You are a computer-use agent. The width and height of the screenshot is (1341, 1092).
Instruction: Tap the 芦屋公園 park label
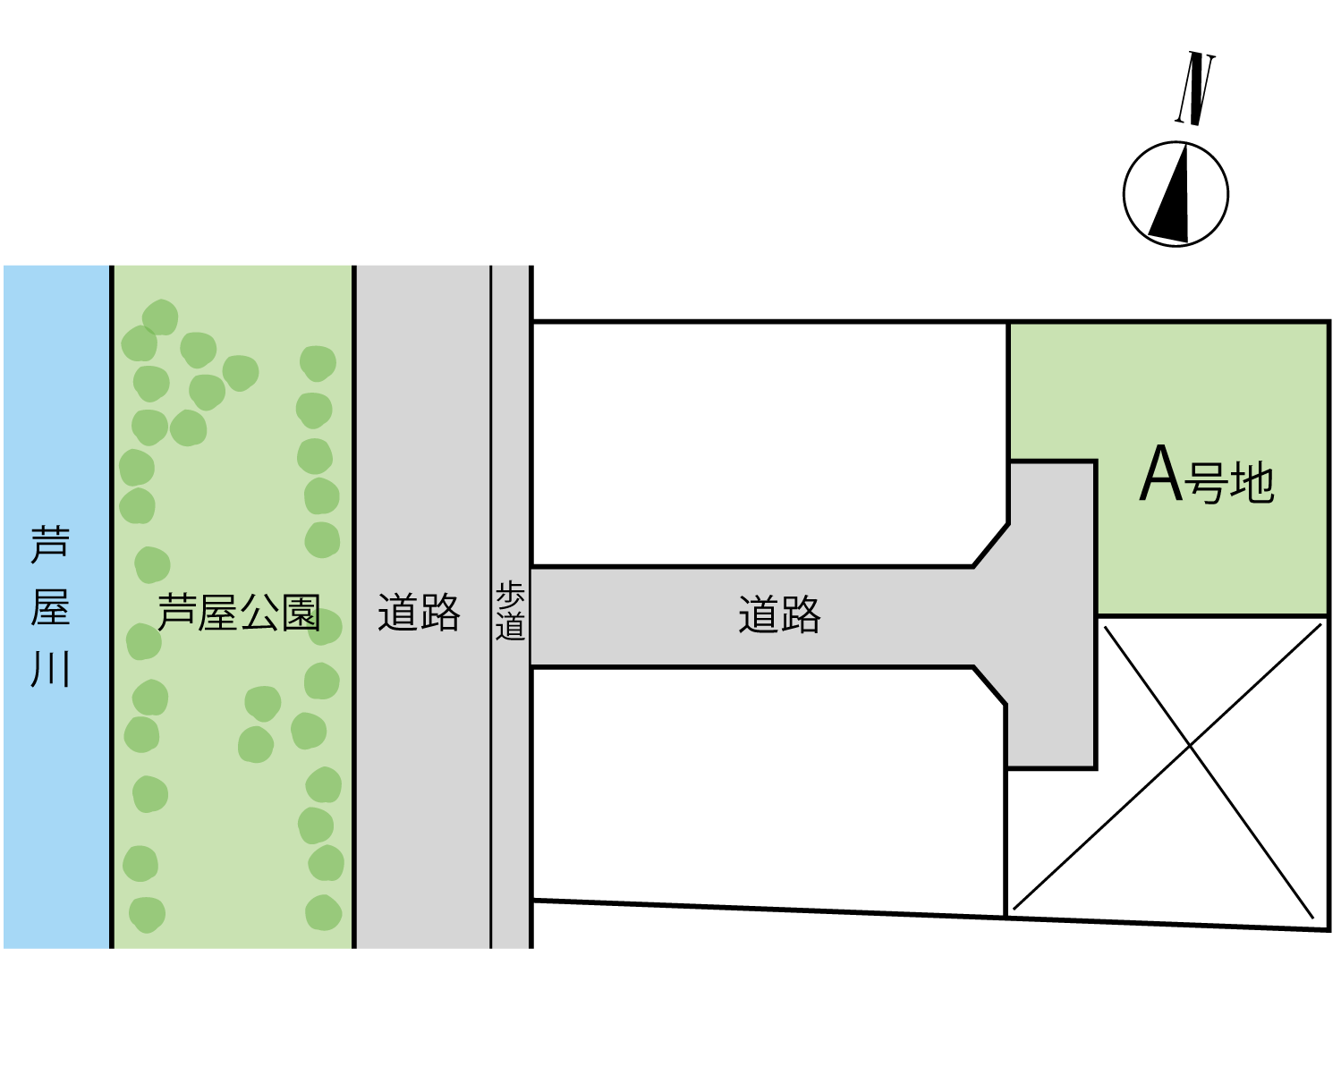(x=239, y=613)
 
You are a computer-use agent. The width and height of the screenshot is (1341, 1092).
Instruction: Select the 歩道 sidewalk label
(x=510, y=611)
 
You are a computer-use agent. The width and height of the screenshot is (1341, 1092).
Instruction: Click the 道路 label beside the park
(x=419, y=613)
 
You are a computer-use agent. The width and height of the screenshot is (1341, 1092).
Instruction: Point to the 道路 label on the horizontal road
(x=779, y=615)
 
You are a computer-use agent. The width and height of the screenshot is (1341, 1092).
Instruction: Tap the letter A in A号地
(x=1161, y=473)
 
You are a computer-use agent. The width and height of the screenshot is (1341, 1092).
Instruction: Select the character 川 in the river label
(x=50, y=669)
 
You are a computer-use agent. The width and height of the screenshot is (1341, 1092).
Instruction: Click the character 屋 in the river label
(x=50, y=607)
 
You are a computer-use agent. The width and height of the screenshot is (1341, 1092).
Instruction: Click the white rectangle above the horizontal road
(x=823, y=434)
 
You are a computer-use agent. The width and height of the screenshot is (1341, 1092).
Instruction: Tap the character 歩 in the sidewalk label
(x=510, y=595)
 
